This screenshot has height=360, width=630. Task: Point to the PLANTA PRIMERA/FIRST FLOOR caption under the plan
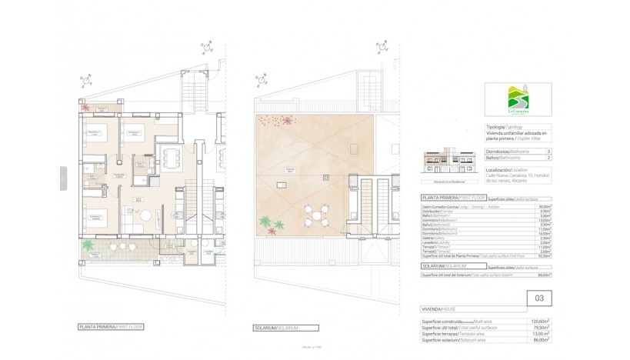pyautogui.click(x=111, y=327)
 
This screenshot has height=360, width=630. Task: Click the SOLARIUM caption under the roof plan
pyautogui.click(x=275, y=327)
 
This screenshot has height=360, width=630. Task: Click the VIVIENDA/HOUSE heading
pyautogui.click(x=437, y=308)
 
